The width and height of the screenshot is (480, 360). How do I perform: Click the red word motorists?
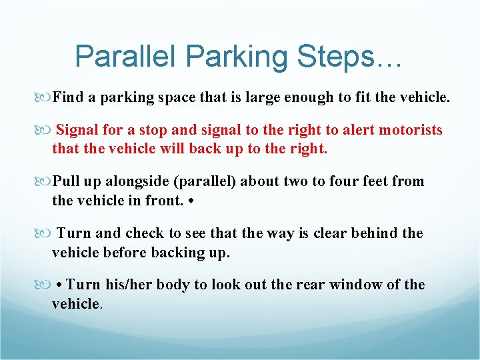point(411,130)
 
